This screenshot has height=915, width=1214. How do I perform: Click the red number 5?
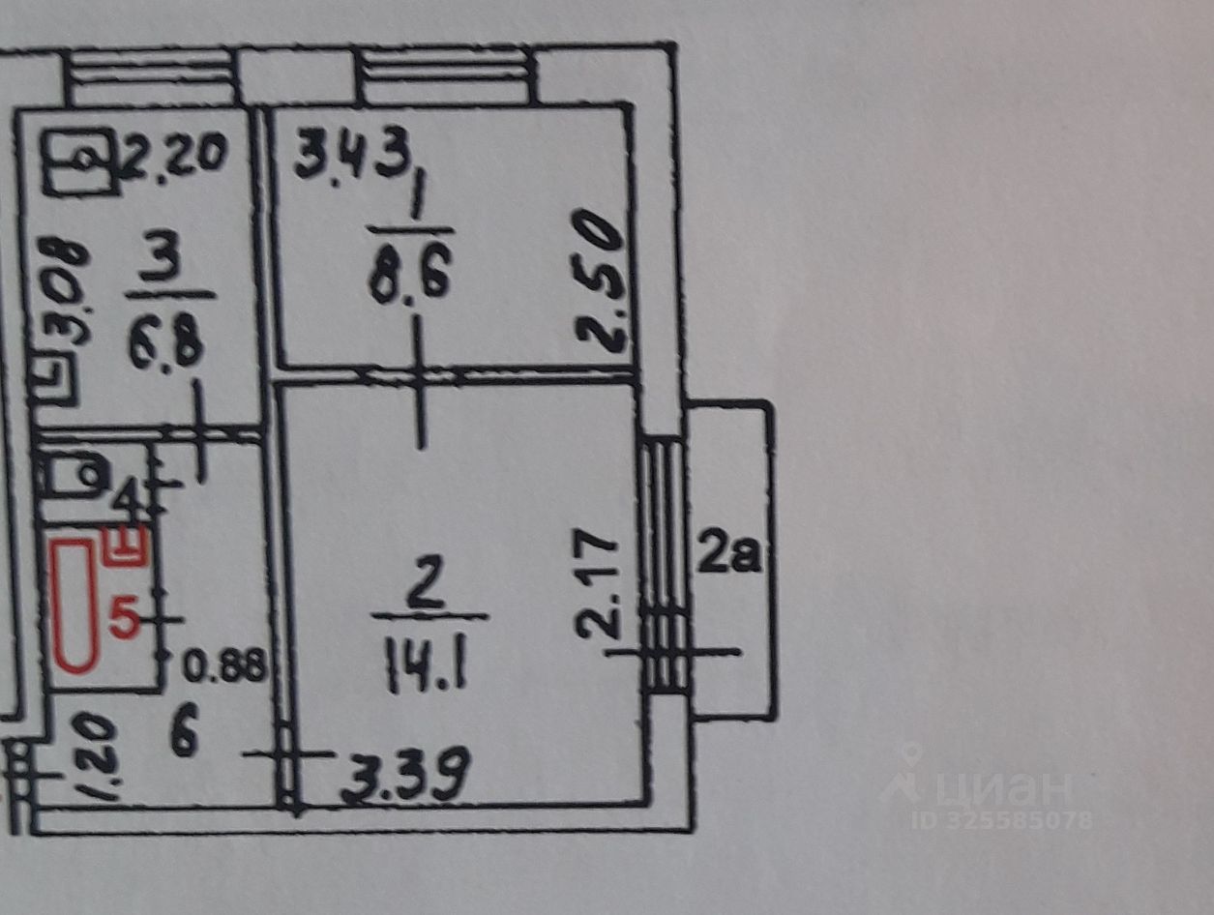point(125,616)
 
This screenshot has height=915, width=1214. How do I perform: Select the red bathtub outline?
point(74,605)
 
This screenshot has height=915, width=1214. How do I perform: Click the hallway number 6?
point(184,736)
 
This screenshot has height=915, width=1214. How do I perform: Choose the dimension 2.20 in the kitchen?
point(174,155)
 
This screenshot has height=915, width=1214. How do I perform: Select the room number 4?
point(127,502)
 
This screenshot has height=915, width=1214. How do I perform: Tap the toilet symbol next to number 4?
point(73,477)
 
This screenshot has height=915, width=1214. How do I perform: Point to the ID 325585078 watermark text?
point(1001,820)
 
